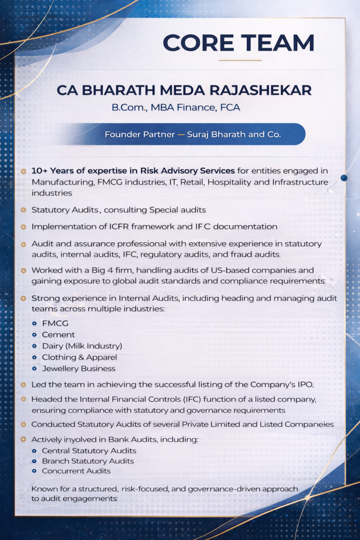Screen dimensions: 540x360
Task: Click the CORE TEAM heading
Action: tap(239, 43)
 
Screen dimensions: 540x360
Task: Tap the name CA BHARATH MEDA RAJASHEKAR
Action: tap(184, 90)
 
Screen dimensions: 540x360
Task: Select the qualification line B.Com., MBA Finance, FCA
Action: tap(176, 108)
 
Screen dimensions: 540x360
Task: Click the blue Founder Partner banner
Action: tap(192, 134)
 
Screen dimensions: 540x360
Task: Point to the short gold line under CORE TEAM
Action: tap(240, 60)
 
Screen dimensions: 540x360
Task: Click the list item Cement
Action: tap(58, 334)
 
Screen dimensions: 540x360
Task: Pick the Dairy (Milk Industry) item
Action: tap(82, 346)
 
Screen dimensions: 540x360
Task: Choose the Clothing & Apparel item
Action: tap(79, 357)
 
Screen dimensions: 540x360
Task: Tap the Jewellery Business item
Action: tap(79, 368)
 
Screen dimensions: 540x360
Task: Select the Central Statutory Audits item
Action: tap(89, 451)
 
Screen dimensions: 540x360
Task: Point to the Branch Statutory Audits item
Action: tap(87, 461)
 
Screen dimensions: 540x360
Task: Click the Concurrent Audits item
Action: tap(76, 471)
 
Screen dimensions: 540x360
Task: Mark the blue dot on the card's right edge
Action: tap(344, 178)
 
